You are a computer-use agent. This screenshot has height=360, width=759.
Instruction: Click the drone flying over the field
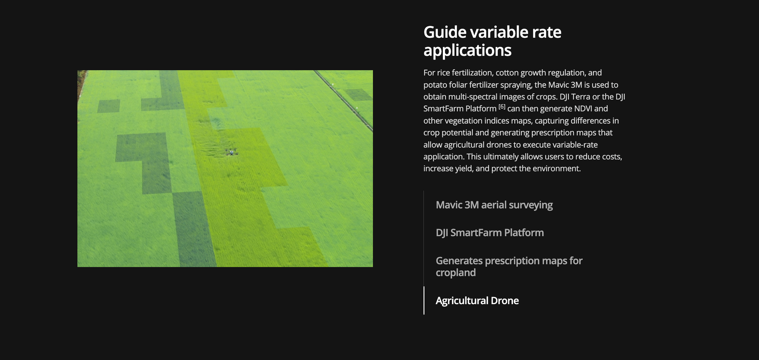tap(231, 152)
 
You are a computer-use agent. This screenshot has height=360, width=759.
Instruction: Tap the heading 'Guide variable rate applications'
tap(492, 41)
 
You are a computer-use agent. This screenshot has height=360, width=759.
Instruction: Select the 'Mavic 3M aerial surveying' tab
tap(494, 205)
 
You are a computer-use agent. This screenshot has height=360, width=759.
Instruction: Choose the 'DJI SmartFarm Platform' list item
tap(490, 233)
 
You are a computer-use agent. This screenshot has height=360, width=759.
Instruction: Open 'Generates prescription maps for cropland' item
tap(509, 267)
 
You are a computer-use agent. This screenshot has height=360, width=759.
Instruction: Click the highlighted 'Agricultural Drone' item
tap(477, 300)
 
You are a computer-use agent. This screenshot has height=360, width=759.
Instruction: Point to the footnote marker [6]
tap(502, 107)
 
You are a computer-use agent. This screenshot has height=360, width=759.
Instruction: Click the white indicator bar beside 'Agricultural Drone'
tap(424, 300)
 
